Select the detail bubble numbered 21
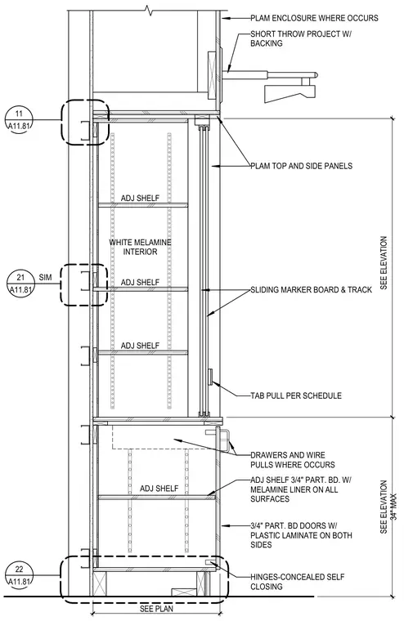click(20, 284)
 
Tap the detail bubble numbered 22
click(19, 575)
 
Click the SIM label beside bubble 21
click(45, 278)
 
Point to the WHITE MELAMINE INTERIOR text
click(140, 247)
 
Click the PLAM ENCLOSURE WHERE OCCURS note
click(314, 18)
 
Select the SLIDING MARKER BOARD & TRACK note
click(311, 289)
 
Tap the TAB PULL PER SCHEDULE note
click(296, 395)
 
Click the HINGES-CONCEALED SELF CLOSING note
click(297, 582)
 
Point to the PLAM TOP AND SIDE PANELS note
click(301, 166)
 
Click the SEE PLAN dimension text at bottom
click(156, 608)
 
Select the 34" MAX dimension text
click(393, 506)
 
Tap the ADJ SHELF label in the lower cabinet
click(159, 489)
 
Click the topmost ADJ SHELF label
click(140, 198)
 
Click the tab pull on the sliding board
click(210, 377)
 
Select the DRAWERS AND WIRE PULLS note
click(292, 460)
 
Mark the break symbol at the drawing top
click(150, 10)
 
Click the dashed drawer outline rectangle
click(164, 437)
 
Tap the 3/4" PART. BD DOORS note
click(301, 535)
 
